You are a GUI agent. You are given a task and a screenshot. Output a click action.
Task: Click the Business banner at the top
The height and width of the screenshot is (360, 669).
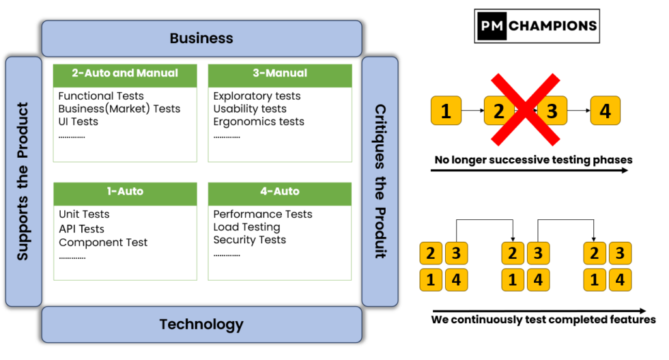201,38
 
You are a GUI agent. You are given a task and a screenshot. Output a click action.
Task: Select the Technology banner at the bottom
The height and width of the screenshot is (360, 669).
201,324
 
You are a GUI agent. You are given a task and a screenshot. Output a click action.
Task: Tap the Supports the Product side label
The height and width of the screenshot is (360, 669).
23,181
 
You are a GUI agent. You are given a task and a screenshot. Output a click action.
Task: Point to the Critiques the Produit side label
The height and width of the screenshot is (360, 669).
380,181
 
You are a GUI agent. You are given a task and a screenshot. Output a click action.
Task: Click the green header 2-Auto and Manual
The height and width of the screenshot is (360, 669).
125,74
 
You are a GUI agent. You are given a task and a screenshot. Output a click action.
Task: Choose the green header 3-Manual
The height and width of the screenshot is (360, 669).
280,74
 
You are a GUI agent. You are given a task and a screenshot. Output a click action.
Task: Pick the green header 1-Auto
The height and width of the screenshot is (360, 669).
125,192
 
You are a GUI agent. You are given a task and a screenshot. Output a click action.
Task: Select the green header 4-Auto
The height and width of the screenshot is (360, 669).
280,192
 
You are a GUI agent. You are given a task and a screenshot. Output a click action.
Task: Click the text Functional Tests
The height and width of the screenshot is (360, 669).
101,96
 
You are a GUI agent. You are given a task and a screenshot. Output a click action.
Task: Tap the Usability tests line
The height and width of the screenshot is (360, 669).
250,109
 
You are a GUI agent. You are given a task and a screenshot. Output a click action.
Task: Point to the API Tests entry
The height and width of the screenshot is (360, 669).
81,229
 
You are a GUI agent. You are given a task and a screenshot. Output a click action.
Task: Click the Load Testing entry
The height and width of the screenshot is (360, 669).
246,227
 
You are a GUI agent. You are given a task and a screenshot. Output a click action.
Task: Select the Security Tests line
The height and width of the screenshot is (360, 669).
249,240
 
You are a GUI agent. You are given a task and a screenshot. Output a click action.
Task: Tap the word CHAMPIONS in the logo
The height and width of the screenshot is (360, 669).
553,26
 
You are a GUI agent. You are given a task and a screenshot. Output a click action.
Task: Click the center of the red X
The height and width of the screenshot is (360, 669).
526,110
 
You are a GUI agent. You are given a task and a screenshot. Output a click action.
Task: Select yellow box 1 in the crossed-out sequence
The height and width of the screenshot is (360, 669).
446,111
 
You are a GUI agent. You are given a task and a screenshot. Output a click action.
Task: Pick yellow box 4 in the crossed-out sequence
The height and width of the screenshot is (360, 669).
605,111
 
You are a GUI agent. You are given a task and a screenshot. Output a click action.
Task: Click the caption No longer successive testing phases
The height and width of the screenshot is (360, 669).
533,160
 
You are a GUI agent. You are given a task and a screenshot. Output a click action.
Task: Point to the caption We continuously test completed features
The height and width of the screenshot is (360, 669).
543,319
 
